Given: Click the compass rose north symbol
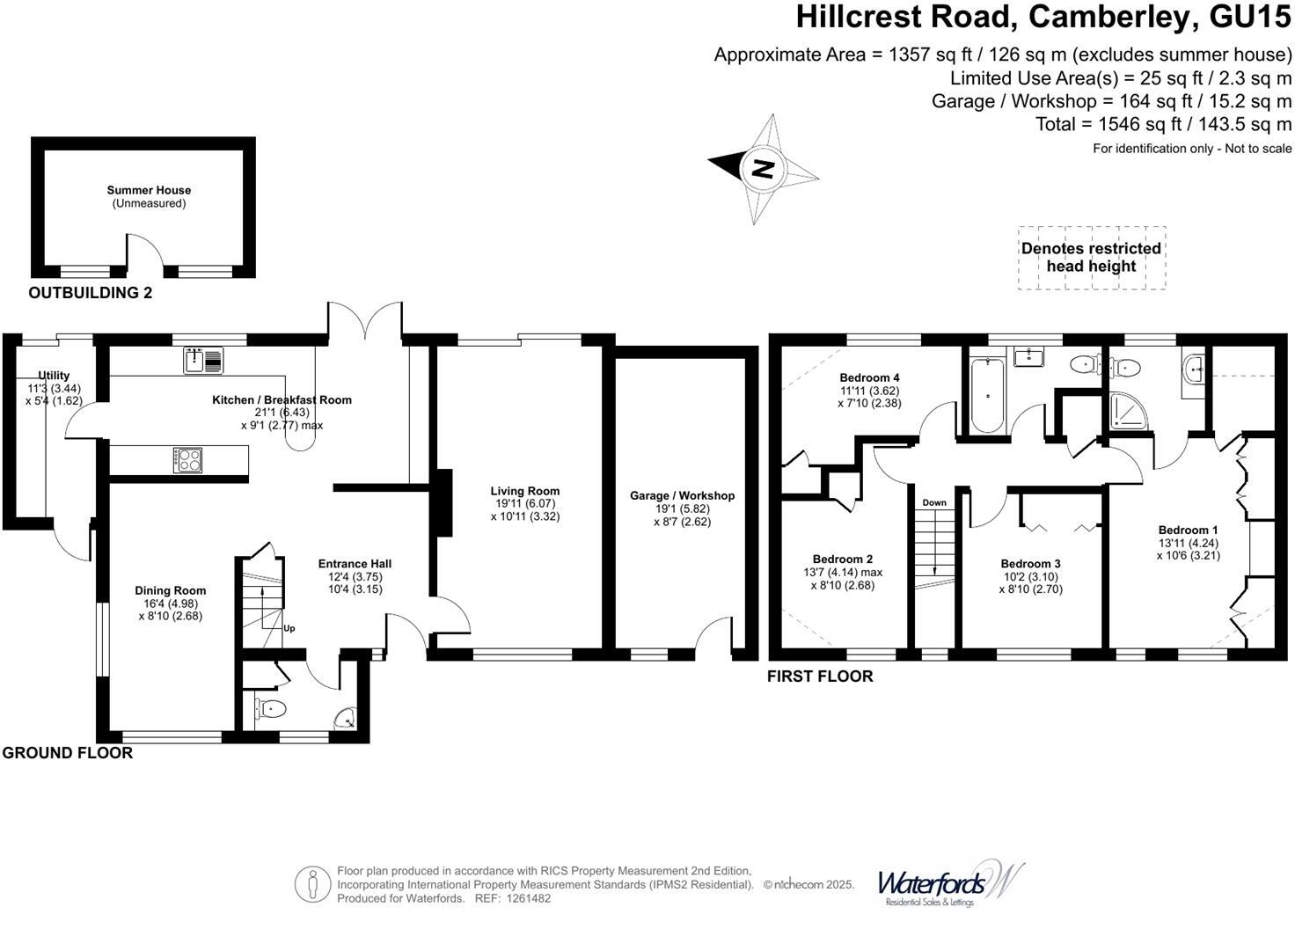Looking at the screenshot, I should [x=762, y=167].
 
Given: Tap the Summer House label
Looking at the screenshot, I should [x=149, y=190].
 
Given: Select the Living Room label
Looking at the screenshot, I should [x=525, y=492].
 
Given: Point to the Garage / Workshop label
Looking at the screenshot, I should [x=682, y=496].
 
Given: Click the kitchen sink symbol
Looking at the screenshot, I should [x=204, y=360].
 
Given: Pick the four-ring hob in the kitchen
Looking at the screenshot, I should [x=187, y=460].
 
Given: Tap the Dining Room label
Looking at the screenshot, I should [x=171, y=591].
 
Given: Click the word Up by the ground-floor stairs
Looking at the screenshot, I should [x=289, y=628].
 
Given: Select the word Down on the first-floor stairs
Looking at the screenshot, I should [x=934, y=503].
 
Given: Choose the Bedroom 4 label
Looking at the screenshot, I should [x=869, y=378].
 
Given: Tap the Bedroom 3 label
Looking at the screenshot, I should [x=1030, y=564].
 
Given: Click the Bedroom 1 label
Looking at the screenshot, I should [x=1188, y=530].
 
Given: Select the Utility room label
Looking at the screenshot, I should [x=54, y=377].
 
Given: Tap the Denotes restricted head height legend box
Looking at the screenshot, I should [x=1091, y=258].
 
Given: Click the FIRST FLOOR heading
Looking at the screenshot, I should [x=820, y=677].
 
